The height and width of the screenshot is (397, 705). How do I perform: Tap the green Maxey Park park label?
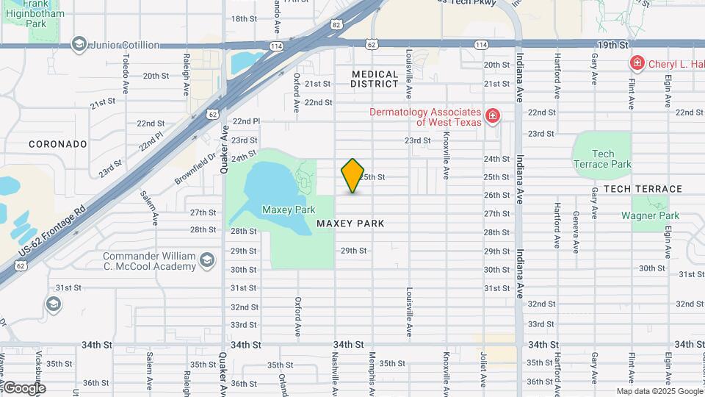pyautogui.click(x=289, y=210)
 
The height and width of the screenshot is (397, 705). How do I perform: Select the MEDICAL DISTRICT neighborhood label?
pyautogui.click(x=375, y=79)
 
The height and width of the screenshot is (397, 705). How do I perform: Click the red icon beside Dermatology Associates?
pyautogui.click(x=492, y=116)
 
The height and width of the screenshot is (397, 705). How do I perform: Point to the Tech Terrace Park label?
pyautogui.click(x=602, y=159)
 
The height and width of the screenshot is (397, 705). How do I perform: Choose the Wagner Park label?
pyautogui.click(x=650, y=215)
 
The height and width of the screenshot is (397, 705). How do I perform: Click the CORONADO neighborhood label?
pyautogui.click(x=58, y=144)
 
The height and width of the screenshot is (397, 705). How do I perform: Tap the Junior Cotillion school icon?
pyautogui.click(x=79, y=45)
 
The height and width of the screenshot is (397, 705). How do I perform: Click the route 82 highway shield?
pyautogui.click(x=336, y=25)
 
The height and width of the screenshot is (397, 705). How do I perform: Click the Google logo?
pyautogui.click(x=23, y=387)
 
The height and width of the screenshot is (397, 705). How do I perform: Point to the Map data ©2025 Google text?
pyautogui.click(x=659, y=391)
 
